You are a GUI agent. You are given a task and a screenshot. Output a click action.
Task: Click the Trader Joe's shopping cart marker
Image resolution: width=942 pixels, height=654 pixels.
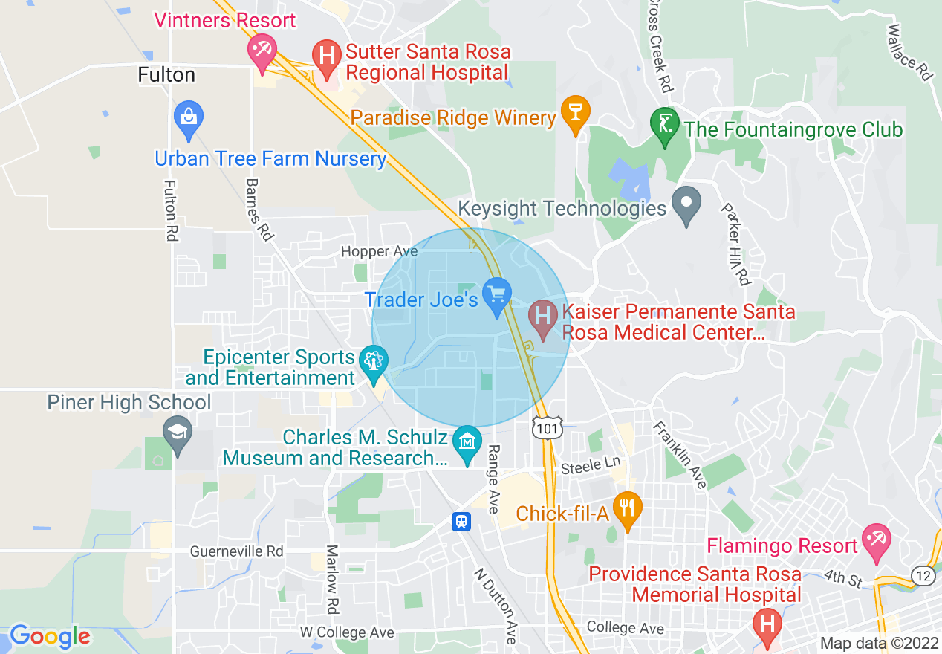click(x=496, y=295)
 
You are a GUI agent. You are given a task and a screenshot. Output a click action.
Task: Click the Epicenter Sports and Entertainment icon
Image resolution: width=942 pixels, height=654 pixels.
click(x=372, y=362)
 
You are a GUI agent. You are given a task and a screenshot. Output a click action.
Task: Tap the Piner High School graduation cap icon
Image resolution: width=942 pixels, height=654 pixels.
click(x=178, y=433)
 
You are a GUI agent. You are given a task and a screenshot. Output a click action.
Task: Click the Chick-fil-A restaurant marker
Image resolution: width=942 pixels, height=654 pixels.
click(x=628, y=510)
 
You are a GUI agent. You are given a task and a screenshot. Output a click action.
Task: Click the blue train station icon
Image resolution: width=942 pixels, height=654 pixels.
click(x=461, y=522)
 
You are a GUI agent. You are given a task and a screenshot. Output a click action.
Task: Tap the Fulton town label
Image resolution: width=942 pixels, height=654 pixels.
click(x=167, y=75)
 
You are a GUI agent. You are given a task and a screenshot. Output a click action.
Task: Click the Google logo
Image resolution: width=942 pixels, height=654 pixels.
click(x=50, y=637)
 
